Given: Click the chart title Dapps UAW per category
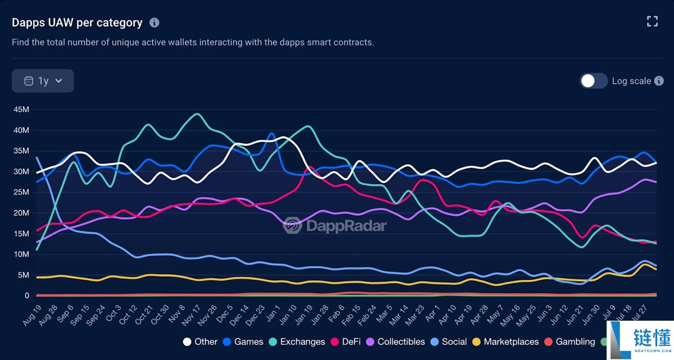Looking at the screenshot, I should click(78, 22).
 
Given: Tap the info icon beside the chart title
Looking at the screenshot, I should click(154, 22).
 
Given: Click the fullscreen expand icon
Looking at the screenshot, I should click(652, 22).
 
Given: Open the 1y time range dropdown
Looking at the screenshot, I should click(43, 81).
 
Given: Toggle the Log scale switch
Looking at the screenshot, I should click(594, 81).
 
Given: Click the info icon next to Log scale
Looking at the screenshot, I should click(659, 81).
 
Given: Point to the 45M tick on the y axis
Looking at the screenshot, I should click(21, 110).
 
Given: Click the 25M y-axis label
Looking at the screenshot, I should click(21, 192).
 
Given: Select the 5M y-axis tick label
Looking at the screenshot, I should click(24, 275).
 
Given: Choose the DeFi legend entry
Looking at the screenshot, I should click(350, 341).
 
